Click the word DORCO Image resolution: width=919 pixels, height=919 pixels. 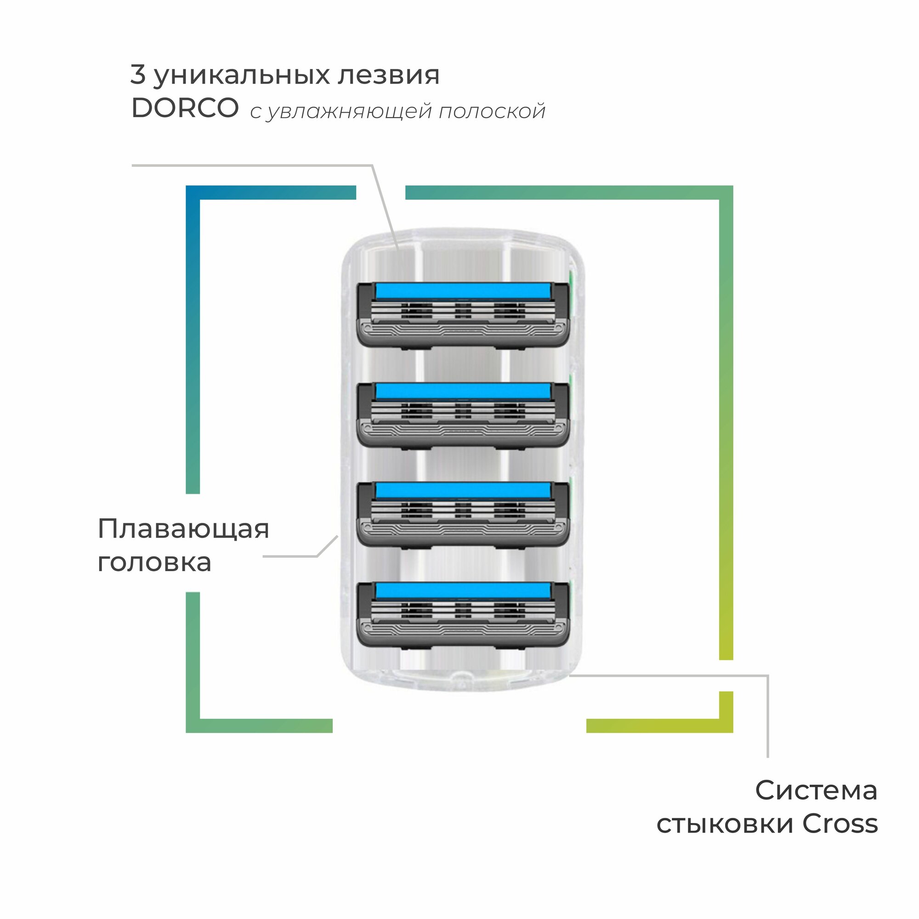[x=185, y=108]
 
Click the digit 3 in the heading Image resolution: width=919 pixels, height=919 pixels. [x=137, y=75]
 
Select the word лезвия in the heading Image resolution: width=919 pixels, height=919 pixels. [x=388, y=75]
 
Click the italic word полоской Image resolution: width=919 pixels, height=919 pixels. [x=492, y=111]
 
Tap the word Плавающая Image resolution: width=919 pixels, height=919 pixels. [x=183, y=529]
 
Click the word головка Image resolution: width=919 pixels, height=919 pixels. [x=154, y=563]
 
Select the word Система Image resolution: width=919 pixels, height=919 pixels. [x=816, y=790]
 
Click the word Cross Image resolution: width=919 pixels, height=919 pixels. [x=840, y=824]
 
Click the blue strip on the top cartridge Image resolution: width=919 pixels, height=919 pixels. [x=463, y=291]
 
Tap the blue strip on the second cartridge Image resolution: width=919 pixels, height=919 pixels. [x=463, y=391]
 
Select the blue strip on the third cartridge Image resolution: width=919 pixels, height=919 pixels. [x=463, y=491]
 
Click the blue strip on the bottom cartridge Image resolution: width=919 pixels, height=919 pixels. [x=463, y=591]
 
